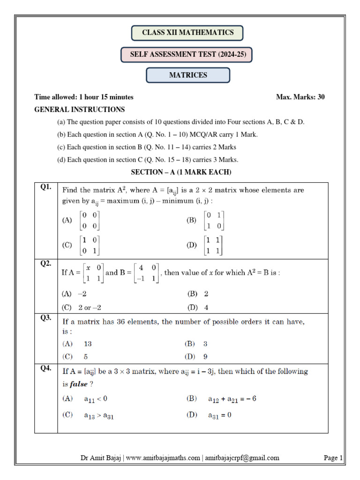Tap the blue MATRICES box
188,75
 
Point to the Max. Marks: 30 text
300,97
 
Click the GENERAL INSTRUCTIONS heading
80,110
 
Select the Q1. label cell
46,187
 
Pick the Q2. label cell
46,263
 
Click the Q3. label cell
46,317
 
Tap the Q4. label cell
46,368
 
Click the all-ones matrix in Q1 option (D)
214,245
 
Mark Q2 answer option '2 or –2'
90,307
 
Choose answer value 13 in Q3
88,344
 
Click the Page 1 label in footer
333,458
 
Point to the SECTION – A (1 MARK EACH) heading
181,172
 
